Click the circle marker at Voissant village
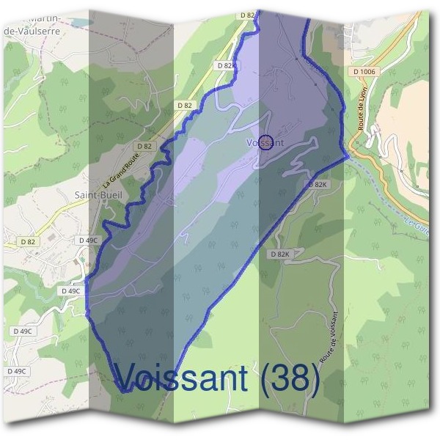(267, 142)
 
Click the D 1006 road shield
(363, 71)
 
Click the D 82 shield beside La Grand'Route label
(144, 146)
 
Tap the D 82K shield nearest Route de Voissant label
(279, 254)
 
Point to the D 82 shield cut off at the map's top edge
(247, 15)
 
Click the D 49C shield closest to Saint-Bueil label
(88, 240)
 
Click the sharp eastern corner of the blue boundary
(346, 155)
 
